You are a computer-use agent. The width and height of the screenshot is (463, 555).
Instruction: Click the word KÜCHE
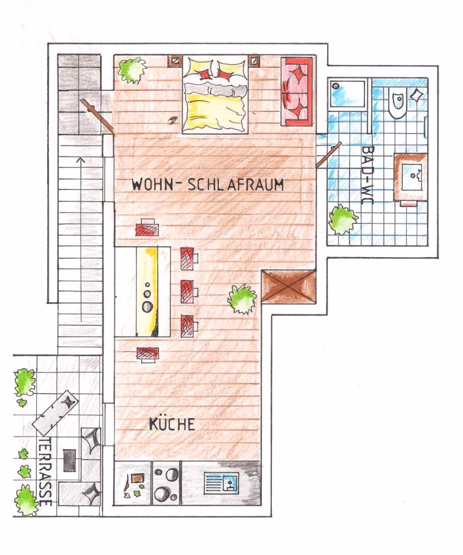(172, 424)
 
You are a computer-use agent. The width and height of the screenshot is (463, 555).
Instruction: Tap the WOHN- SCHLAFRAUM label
(208, 184)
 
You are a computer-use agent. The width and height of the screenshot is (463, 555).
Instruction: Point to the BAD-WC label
(368, 174)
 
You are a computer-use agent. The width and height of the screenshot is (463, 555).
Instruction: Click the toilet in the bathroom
(397, 102)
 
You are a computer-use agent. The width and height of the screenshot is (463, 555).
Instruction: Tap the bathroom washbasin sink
(412, 177)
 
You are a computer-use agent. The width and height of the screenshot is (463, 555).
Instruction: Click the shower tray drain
(336, 86)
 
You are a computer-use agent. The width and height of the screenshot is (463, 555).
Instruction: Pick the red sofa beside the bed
(297, 91)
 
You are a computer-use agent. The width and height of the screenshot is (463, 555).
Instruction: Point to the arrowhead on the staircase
(81, 160)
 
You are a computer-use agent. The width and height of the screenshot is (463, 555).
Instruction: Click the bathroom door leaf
(329, 155)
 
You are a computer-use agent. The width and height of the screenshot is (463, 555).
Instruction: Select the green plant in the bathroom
(343, 219)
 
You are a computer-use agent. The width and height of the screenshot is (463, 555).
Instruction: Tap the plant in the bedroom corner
(132, 70)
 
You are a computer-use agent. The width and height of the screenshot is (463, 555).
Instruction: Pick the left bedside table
(175, 61)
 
